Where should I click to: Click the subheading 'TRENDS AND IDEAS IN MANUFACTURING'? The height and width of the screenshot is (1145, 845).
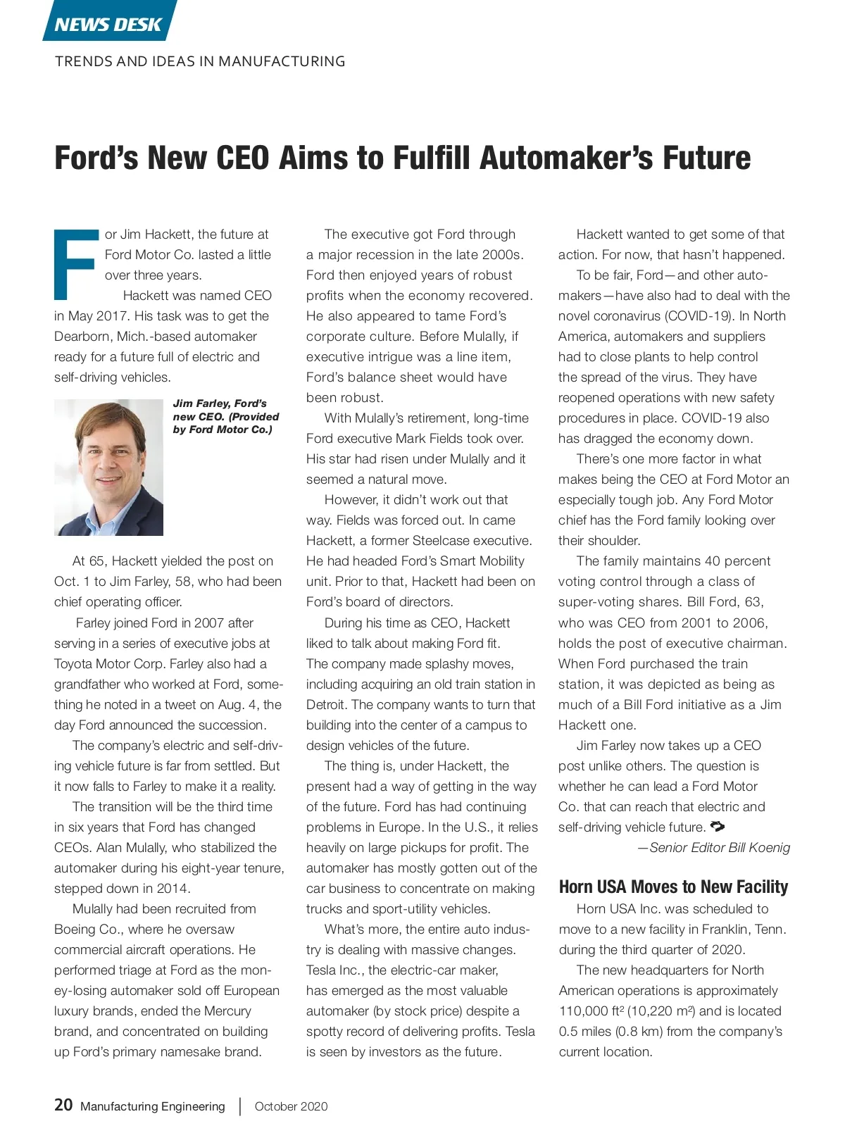point(200,61)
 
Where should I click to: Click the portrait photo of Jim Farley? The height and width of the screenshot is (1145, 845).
point(108,467)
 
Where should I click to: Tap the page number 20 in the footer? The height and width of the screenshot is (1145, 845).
point(63,1105)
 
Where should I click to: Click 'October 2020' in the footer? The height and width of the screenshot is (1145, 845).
point(291,1106)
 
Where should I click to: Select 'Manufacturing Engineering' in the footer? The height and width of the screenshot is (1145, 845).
point(153,1106)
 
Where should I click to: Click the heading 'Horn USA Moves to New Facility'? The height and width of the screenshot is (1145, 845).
point(673,887)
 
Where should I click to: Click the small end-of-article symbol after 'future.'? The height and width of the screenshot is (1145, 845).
point(718,826)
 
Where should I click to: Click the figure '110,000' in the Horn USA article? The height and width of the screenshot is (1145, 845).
point(583,1011)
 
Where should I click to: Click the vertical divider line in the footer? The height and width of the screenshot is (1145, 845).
point(240,1106)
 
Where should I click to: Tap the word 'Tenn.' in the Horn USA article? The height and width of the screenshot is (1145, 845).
point(770,929)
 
